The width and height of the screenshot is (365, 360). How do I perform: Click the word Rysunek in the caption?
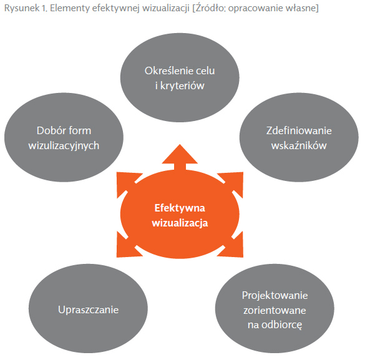point(22,8)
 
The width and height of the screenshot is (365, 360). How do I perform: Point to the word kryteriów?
point(182,85)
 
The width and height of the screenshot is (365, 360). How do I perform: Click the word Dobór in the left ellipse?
point(49,130)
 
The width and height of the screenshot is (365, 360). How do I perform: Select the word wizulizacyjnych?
point(64,145)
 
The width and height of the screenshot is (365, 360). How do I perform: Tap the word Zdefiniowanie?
point(299,130)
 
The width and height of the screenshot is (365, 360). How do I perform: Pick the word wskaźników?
point(299,145)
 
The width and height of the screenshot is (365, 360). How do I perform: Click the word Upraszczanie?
point(88,309)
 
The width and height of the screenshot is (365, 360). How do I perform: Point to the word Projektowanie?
point(275,296)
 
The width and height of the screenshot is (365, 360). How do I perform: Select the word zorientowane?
point(275,311)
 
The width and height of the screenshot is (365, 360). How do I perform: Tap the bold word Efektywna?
point(180,208)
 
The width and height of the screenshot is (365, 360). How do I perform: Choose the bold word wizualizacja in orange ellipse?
point(180,223)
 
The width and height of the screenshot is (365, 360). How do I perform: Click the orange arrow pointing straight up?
point(180,157)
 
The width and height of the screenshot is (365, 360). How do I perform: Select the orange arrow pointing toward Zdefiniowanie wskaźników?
point(230,184)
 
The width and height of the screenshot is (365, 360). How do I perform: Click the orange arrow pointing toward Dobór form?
point(129,184)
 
